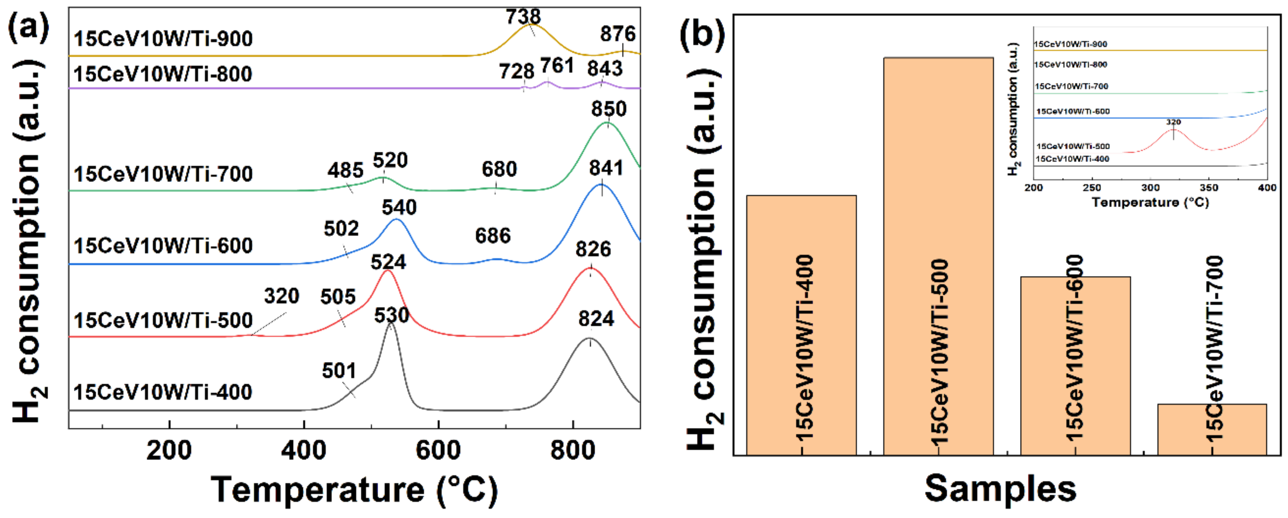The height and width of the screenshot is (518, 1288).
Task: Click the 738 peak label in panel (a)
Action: pyautogui.click(x=523, y=17)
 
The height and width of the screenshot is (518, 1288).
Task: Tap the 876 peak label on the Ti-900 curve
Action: pyautogui.click(x=618, y=34)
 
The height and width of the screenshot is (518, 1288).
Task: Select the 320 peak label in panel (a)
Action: pyautogui.click(x=282, y=296)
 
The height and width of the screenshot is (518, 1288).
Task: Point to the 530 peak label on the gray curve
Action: pyautogui.click(x=391, y=315)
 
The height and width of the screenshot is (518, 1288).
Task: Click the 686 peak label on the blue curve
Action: pyautogui.click(x=493, y=236)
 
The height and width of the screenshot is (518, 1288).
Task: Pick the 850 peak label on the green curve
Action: pyautogui.click(x=608, y=109)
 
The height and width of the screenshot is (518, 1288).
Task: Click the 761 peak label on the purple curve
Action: pyautogui.click(x=557, y=66)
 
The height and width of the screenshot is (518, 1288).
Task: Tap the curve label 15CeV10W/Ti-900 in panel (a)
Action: pyautogui.click(x=163, y=39)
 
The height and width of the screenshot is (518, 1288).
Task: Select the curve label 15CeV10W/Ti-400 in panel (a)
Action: pyautogui.click(x=163, y=392)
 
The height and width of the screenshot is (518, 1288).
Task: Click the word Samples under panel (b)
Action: pyautogui.click(x=1000, y=488)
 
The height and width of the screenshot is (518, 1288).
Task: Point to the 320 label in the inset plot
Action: pyautogui.click(x=1173, y=122)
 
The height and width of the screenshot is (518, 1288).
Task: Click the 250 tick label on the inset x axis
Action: pyautogui.click(x=1092, y=188)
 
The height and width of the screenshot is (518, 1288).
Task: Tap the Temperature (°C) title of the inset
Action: pyautogui.click(x=1150, y=203)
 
